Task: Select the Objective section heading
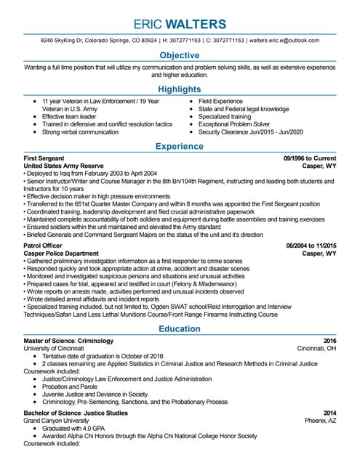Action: (179, 56)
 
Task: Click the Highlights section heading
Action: (179, 89)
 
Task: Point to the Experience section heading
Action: (179, 147)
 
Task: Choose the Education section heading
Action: (179, 329)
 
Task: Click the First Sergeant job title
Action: (44, 158)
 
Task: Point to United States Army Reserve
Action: (64, 166)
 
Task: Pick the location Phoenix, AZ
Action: (320, 420)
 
